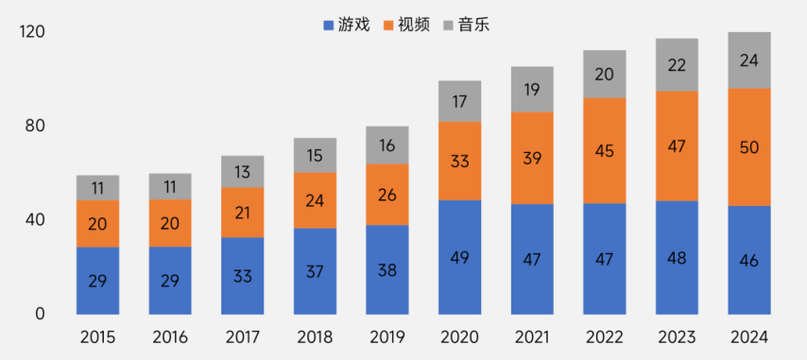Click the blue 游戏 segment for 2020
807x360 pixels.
pyautogui.click(x=459, y=257)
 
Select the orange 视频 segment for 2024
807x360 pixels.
pyautogui.click(x=749, y=146)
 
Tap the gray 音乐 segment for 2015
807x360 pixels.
pyautogui.click(x=97, y=187)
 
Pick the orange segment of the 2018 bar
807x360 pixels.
pyautogui.click(x=315, y=200)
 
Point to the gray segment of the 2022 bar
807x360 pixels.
pyautogui.click(x=604, y=74)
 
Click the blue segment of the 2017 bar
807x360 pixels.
pyautogui.click(x=243, y=276)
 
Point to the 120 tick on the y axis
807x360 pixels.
pyautogui.click(x=32, y=33)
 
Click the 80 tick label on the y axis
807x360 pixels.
pyautogui.click(x=35, y=127)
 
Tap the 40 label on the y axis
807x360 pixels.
pyautogui.click(x=35, y=220)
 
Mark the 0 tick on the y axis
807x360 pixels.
pyautogui.click(x=40, y=314)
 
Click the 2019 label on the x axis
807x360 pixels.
pyautogui.click(x=387, y=337)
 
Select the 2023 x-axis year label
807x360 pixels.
pyautogui.click(x=677, y=337)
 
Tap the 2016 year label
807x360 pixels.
pyautogui.click(x=170, y=337)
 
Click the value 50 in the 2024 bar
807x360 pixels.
pyautogui.click(x=749, y=146)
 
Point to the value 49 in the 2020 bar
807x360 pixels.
pyautogui.click(x=459, y=257)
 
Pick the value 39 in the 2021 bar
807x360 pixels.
pyautogui.click(x=532, y=158)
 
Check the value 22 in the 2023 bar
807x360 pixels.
pyautogui.click(x=677, y=65)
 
